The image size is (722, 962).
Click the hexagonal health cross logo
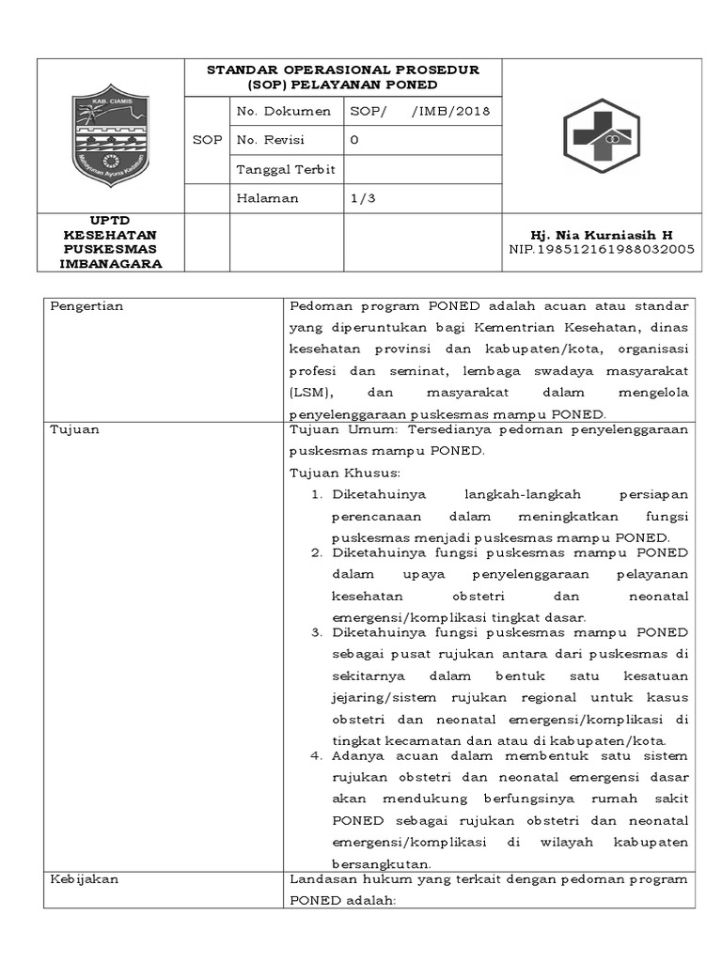[x=601, y=136]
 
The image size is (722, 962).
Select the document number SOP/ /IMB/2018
[x=419, y=111]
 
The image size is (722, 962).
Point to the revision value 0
[x=354, y=140]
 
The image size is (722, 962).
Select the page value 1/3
[x=360, y=198]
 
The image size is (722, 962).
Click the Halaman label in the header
[x=268, y=198]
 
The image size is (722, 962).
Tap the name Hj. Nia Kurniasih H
[x=601, y=235]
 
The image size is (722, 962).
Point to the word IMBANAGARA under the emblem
[x=111, y=264]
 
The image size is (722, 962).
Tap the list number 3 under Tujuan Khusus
[x=316, y=632]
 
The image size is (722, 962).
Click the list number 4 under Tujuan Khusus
[x=316, y=755]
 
